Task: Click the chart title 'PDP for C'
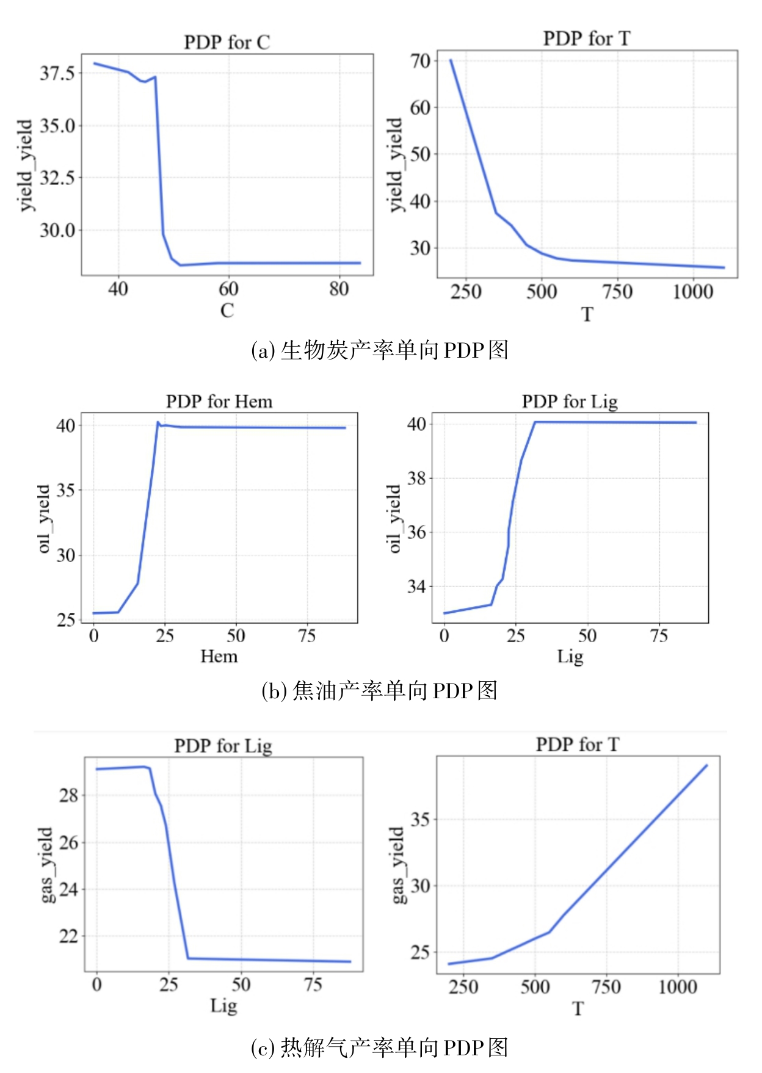coord(227,42)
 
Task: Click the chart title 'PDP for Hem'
coord(219,401)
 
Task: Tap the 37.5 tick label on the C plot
coord(57,73)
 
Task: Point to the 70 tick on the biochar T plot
coord(420,60)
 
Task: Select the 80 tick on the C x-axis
coord(339,289)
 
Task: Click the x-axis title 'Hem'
coord(219,656)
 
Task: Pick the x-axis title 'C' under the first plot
coord(227,310)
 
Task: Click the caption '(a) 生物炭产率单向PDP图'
coord(380,350)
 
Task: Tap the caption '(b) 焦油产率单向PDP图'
coord(380,690)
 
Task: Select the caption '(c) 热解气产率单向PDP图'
coord(380,1047)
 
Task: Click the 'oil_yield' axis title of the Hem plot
coord(43,519)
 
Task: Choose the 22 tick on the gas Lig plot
coord(68,936)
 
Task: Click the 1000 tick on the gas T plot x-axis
coord(677,986)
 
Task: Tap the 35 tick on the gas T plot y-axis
coord(420,819)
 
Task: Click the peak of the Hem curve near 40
coord(158,422)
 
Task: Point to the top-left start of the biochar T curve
coord(451,60)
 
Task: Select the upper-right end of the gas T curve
coord(706,765)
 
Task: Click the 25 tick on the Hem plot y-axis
coord(66,620)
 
